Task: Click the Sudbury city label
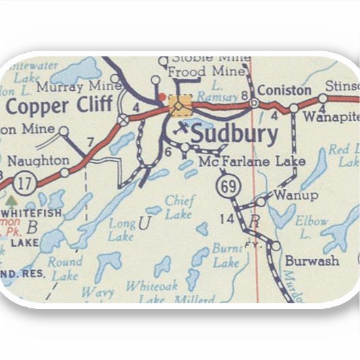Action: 234,134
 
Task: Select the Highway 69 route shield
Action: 226,185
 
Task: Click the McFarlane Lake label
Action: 253,162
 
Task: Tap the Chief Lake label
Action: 179,208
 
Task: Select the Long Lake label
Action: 122,229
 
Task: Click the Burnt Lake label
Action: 226,255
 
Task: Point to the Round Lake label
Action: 66,268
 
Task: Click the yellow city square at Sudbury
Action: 180,105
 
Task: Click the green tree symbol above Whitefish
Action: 11,201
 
